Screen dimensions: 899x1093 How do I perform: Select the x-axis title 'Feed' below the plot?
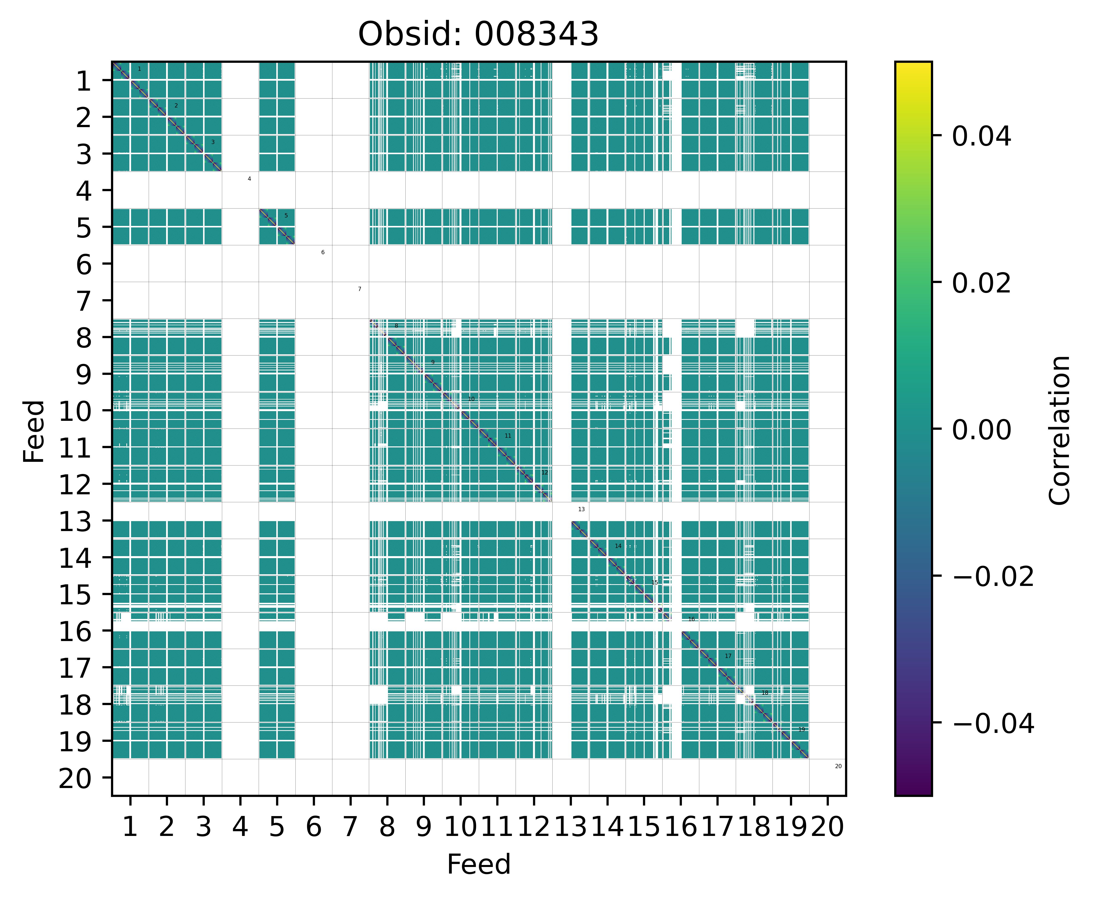click(x=478, y=864)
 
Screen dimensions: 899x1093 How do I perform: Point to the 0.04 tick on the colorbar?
click(x=981, y=137)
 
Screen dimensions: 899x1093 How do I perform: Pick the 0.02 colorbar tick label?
click(x=981, y=283)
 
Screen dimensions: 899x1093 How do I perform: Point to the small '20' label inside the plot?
click(x=838, y=766)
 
